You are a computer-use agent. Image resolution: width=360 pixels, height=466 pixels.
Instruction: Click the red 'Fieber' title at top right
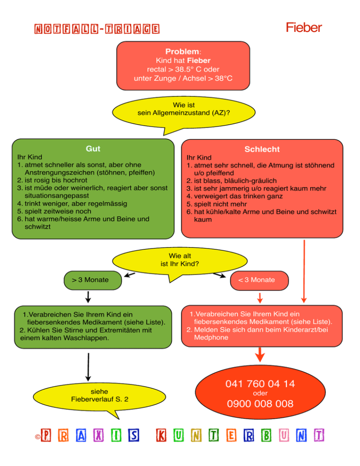click(x=304, y=28)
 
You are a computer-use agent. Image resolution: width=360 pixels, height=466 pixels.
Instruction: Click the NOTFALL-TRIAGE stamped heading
click(x=97, y=29)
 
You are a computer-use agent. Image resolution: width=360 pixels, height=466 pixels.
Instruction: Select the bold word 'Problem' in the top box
click(x=182, y=52)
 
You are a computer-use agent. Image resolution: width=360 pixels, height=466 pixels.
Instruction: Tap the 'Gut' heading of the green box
click(x=93, y=149)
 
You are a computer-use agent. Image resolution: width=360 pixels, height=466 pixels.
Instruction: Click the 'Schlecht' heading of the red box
click(x=262, y=149)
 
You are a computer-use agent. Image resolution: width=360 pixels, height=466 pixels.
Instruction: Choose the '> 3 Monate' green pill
click(x=93, y=280)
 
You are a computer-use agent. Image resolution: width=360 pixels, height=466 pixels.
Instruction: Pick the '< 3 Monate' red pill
click(x=259, y=280)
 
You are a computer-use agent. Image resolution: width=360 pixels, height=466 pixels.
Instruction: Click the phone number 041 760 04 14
click(x=260, y=383)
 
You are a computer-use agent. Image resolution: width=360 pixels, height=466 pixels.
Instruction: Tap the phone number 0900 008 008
click(x=260, y=404)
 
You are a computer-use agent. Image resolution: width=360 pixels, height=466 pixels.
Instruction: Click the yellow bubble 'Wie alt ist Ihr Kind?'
click(x=180, y=261)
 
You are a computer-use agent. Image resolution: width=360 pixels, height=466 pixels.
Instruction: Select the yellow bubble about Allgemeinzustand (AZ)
click(x=184, y=113)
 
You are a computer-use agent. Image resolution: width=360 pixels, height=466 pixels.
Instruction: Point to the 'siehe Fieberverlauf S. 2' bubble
click(x=99, y=397)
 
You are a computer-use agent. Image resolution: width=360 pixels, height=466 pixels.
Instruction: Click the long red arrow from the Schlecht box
click(x=304, y=271)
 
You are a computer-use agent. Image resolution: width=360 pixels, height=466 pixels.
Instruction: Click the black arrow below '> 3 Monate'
click(x=88, y=297)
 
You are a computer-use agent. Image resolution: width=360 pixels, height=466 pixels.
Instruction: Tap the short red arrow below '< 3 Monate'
click(x=260, y=298)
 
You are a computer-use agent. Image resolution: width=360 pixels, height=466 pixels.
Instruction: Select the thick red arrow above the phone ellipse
click(x=260, y=354)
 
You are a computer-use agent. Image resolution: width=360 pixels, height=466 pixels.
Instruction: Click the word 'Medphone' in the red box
click(x=211, y=338)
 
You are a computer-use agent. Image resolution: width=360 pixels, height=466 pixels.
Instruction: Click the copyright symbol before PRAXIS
click(x=37, y=437)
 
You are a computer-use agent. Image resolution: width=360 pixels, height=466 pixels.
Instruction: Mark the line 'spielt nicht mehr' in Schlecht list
click(x=220, y=204)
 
